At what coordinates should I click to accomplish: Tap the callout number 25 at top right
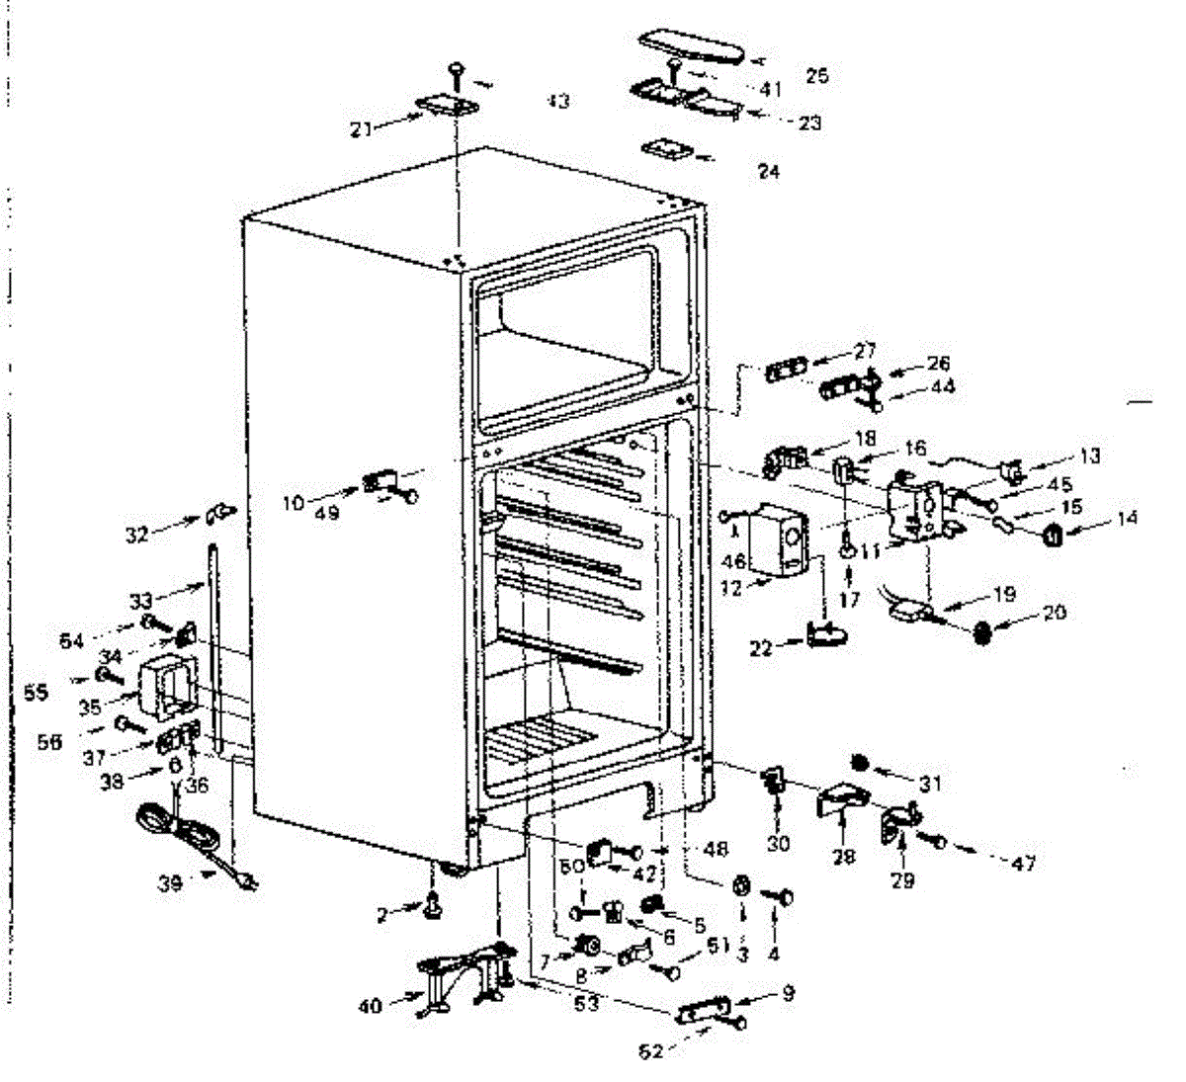pyautogui.click(x=816, y=76)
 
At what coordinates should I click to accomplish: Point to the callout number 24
pyautogui.click(x=769, y=172)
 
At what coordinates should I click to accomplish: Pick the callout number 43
pyautogui.click(x=558, y=102)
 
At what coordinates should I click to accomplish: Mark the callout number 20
pyautogui.click(x=1055, y=613)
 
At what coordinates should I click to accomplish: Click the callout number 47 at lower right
pyautogui.click(x=1023, y=863)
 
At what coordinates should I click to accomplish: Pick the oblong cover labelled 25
pyautogui.click(x=692, y=44)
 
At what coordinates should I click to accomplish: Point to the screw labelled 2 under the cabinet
pyautogui.click(x=432, y=903)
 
